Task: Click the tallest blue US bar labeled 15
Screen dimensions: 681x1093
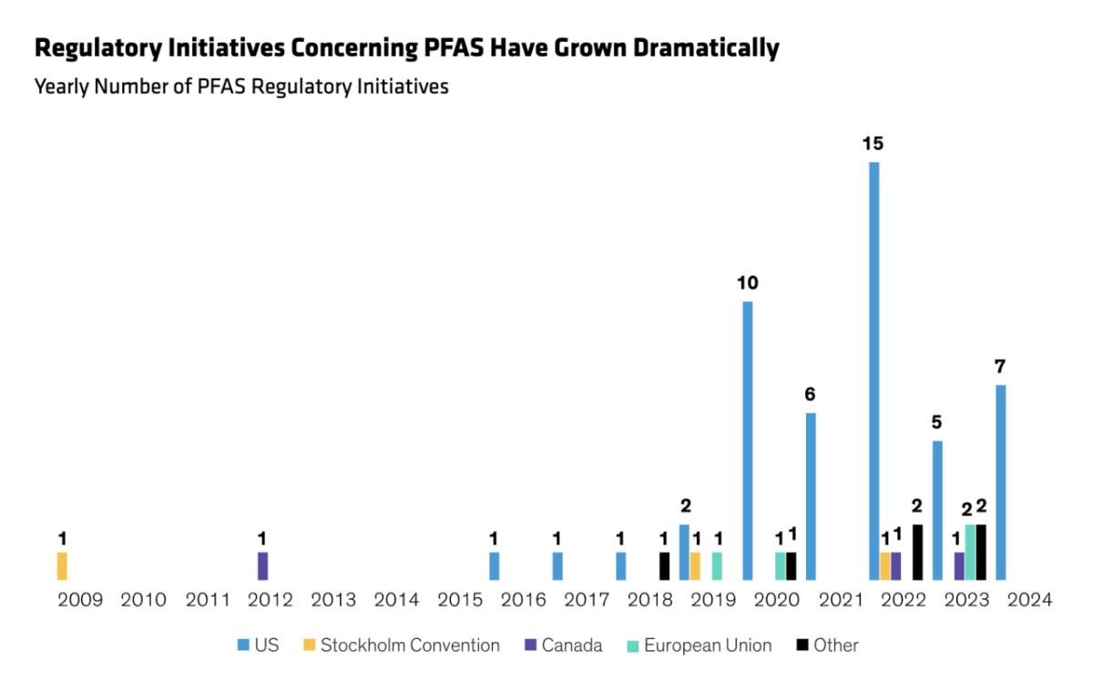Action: (x=873, y=371)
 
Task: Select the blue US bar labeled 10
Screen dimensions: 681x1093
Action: (x=748, y=441)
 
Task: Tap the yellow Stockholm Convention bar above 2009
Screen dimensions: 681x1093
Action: (x=62, y=565)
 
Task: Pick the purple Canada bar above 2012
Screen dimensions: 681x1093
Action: (x=262, y=565)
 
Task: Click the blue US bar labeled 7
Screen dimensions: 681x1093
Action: (x=1000, y=483)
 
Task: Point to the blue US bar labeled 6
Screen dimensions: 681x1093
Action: (x=811, y=496)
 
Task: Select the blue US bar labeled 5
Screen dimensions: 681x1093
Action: (x=936, y=510)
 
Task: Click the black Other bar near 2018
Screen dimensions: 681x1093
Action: (x=664, y=565)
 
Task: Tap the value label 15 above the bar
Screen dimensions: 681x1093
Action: (x=873, y=144)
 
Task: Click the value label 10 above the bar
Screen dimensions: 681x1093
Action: (x=748, y=283)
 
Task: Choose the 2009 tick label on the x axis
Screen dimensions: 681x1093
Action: (x=79, y=600)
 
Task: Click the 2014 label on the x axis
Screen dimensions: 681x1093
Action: (x=395, y=600)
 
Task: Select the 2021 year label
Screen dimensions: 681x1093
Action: (x=840, y=600)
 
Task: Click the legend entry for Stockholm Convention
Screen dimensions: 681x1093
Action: (x=409, y=645)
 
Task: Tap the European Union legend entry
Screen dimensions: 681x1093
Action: (x=707, y=645)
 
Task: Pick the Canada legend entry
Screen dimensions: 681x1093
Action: (x=571, y=645)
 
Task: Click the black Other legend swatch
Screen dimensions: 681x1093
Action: (x=802, y=645)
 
